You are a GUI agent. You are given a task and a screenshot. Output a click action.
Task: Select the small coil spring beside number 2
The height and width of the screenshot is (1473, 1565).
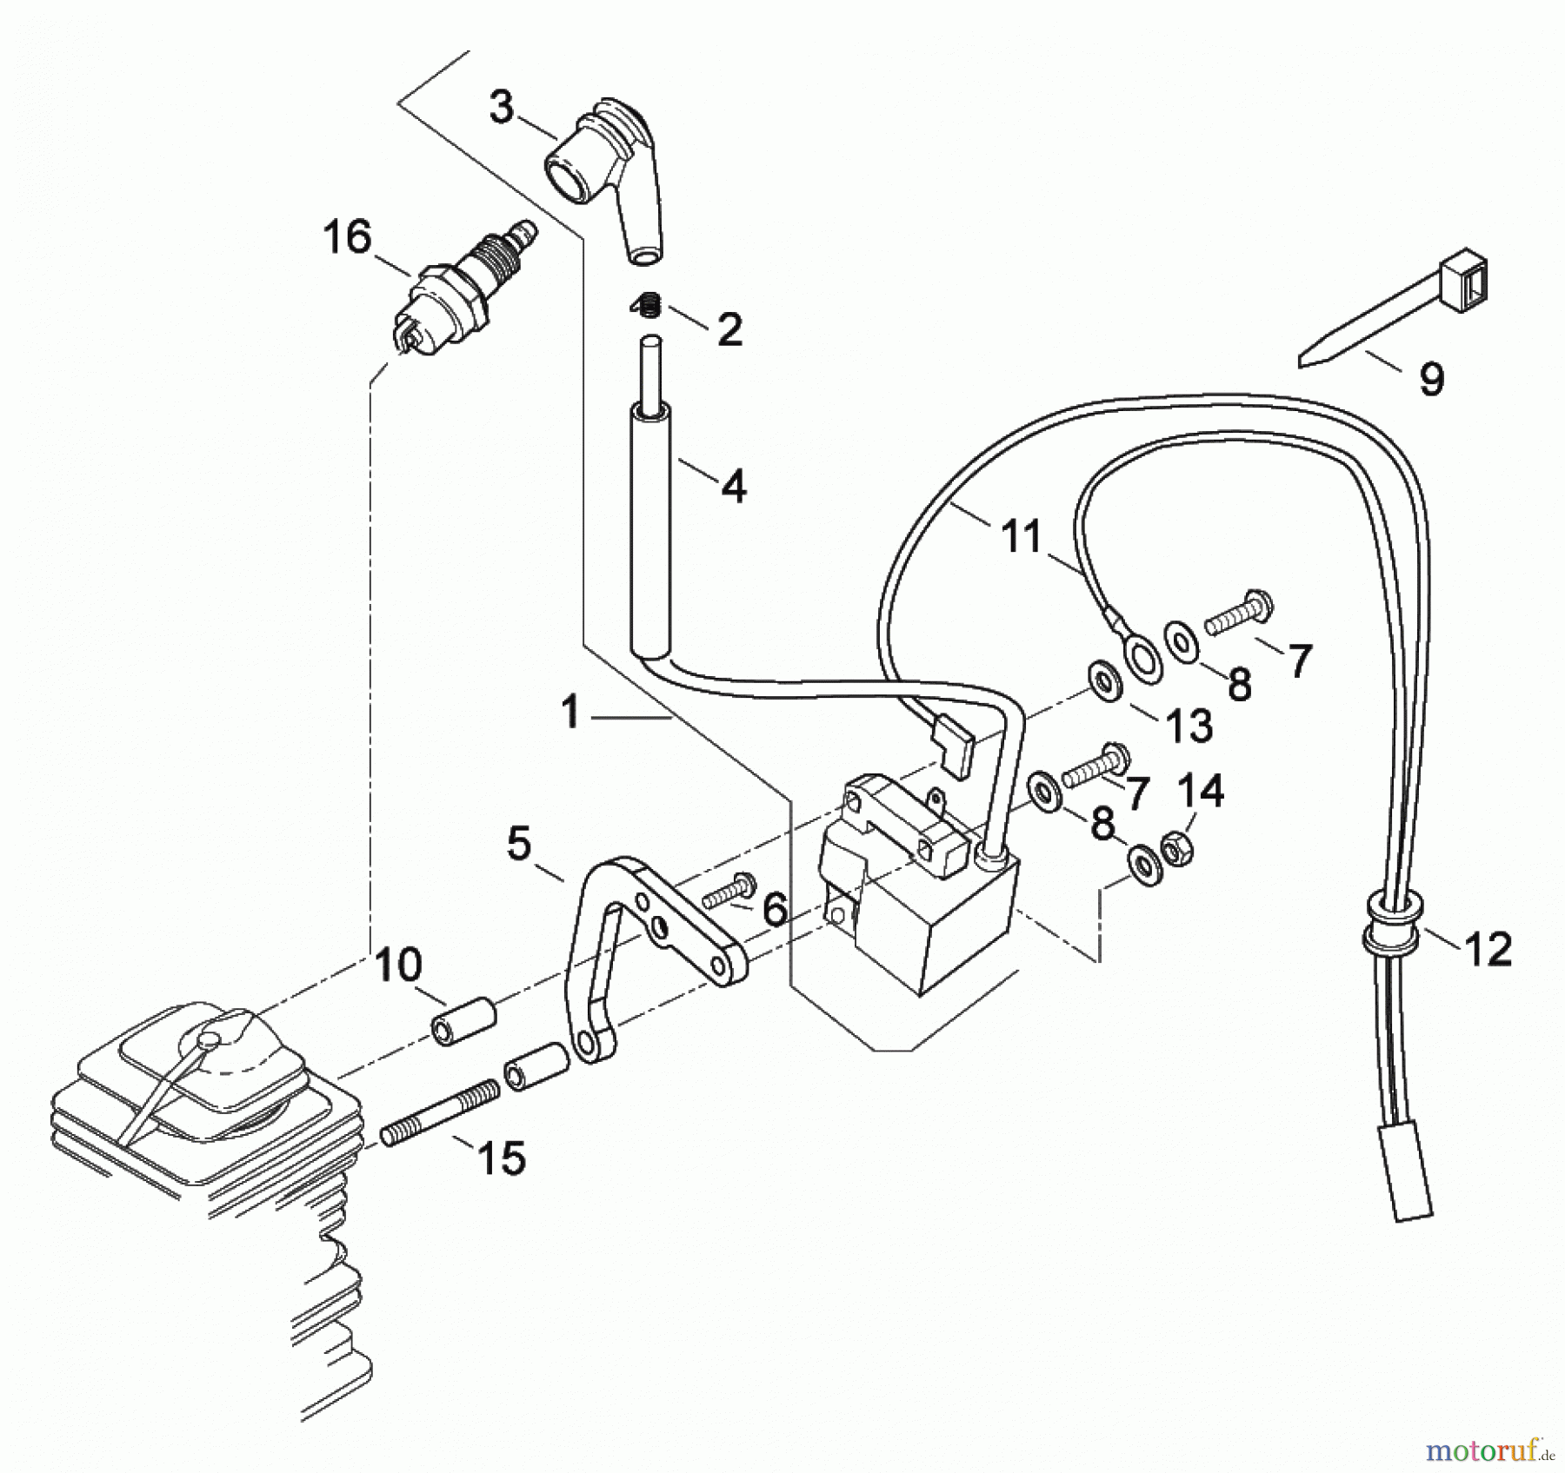point(647,305)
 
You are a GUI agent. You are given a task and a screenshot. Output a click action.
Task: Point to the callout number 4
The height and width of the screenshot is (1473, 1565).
point(734,487)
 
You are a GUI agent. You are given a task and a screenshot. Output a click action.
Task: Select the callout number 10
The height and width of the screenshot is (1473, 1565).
point(399,965)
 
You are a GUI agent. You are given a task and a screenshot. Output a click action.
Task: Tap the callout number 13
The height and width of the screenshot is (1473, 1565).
point(1189,725)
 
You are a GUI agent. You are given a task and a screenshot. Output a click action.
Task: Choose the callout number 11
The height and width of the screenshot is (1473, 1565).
point(1021,536)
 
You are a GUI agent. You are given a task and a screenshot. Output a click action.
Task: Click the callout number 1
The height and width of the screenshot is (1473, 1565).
point(569,713)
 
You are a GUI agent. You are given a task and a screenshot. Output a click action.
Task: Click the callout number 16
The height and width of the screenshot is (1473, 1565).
point(347,236)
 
